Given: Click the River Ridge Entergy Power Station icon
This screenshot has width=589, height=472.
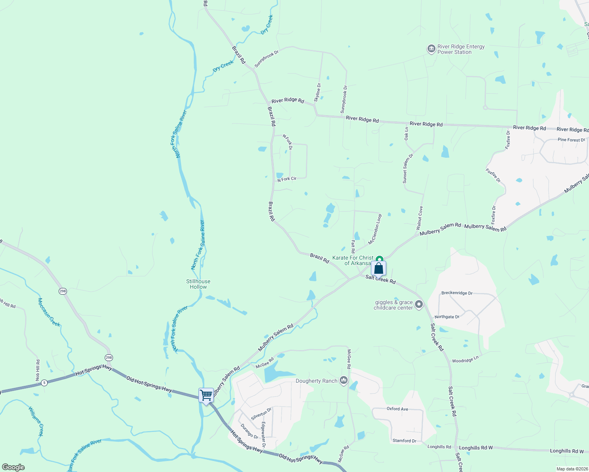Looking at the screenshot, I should click(431, 49).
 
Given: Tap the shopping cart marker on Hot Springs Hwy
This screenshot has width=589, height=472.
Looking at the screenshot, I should click(206, 396).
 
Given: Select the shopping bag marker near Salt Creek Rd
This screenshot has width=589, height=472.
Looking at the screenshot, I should click(378, 269).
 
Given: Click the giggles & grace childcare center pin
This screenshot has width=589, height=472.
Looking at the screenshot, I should click(419, 304).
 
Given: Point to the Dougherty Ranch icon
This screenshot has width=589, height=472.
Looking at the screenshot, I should click(344, 380).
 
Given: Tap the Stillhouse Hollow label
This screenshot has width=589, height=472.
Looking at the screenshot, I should click(198, 284).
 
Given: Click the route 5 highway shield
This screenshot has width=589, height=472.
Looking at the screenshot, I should click(44, 382).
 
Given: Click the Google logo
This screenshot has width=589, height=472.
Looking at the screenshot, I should click(13, 467).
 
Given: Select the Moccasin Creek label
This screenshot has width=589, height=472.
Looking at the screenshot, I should click(49, 312).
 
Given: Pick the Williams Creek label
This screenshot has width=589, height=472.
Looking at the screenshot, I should click(35, 421).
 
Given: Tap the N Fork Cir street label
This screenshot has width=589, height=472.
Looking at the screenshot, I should click(287, 179).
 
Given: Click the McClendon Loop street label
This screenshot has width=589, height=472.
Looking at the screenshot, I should click(375, 230).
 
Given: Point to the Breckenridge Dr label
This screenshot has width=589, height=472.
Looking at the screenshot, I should click(457, 293).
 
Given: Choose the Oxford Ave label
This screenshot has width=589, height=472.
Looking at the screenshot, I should click(397, 409).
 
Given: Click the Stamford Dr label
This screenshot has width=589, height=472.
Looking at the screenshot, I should click(404, 441).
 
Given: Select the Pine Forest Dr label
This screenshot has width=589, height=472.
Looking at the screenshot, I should click(571, 140).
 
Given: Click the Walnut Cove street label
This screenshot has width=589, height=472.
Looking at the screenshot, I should click(420, 218).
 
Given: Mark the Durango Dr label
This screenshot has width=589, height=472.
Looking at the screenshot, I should click(249, 431).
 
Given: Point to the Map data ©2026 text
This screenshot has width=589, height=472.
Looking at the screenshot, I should click(572, 469).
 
